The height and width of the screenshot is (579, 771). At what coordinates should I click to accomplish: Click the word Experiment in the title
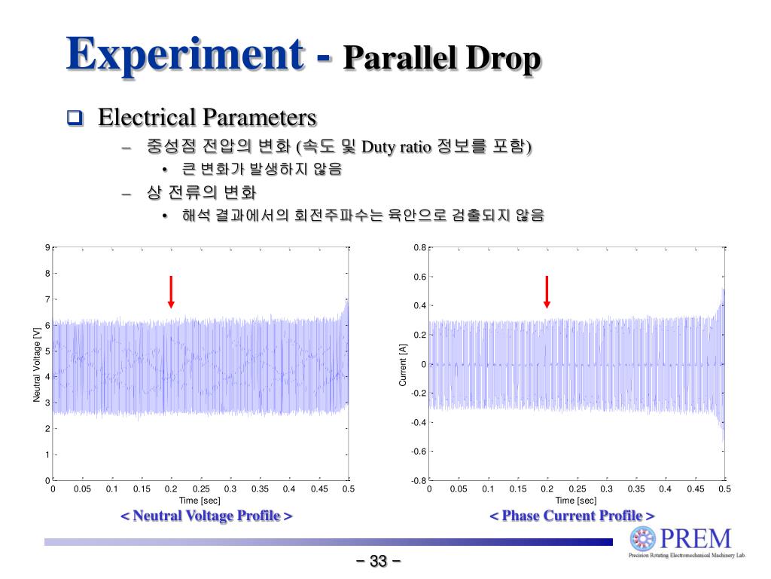point(185,54)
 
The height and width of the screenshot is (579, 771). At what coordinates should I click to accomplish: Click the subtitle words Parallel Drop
point(442,59)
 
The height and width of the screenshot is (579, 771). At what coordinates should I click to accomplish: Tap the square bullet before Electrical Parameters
point(74,118)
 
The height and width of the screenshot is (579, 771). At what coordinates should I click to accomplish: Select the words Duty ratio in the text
point(397,146)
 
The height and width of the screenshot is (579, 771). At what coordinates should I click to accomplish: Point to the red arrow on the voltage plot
point(172,292)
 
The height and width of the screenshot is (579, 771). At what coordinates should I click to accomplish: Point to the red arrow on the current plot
point(547,292)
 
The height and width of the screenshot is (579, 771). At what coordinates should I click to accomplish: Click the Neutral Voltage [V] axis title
point(37,364)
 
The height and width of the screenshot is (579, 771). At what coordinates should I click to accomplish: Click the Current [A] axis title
point(403,364)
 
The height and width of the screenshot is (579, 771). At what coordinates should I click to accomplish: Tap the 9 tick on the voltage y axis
point(47,248)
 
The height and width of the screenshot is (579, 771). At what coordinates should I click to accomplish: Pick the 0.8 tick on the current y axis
point(420,248)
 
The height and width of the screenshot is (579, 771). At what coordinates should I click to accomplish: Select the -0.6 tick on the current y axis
point(419,452)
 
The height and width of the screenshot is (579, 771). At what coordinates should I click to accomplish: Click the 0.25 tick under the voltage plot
point(201,489)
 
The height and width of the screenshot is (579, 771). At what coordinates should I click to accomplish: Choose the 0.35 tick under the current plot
point(636,489)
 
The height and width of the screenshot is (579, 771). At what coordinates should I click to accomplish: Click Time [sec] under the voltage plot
point(200,501)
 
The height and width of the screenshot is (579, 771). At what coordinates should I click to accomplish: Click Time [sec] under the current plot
point(576,501)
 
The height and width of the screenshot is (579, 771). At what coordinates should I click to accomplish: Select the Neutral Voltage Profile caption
point(206,516)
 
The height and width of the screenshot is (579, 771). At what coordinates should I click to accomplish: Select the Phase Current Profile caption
point(572,516)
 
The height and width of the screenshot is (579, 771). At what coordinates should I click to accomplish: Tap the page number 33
point(378,562)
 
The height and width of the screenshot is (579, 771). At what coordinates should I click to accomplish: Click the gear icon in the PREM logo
point(644,539)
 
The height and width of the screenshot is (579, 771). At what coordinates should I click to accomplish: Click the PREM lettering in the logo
point(695,538)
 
